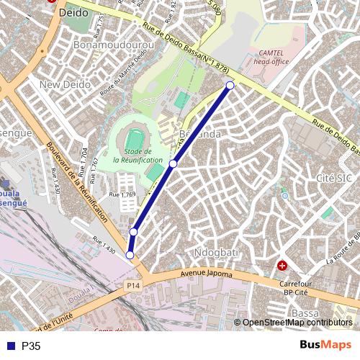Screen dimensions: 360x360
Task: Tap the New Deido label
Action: pyautogui.click(x=66, y=84)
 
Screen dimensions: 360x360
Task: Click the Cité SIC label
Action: pyautogui.click(x=333, y=177)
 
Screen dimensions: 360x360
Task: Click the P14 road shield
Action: pyautogui.click(x=132, y=287)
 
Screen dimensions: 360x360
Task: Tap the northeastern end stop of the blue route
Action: pyautogui.click(x=230, y=86)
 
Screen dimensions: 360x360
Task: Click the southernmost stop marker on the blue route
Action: pyautogui.click(x=130, y=255)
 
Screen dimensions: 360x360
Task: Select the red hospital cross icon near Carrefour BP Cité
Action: pyautogui.click(x=282, y=266)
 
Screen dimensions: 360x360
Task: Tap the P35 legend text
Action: pyautogui.click(x=32, y=346)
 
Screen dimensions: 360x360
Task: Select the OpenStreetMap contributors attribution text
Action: pyautogui.click(x=297, y=323)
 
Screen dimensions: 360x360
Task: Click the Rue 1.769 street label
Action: pyautogui.click(x=122, y=195)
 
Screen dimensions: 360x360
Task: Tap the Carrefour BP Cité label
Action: pyautogui.click(x=300, y=289)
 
